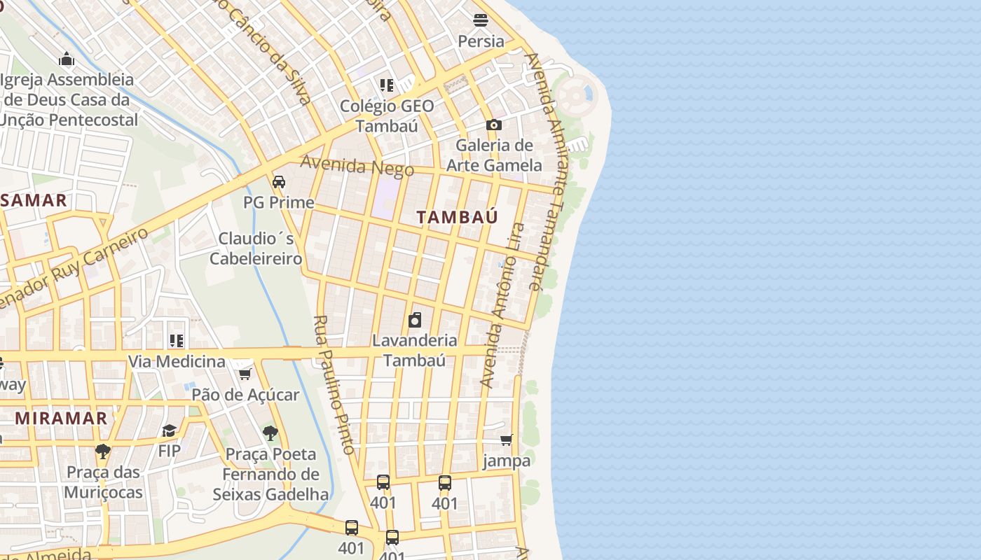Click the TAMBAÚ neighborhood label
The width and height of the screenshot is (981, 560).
[457, 217]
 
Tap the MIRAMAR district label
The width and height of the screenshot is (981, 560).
[62, 418]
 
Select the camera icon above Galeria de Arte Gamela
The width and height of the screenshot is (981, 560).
[494, 125]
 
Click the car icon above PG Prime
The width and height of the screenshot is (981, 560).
[279, 182]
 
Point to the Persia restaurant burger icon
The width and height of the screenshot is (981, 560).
[481, 20]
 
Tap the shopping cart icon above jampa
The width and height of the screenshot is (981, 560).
[506, 440]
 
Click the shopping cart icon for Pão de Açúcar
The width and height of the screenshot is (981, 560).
[245, 374]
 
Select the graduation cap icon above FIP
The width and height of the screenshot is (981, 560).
[169, 430]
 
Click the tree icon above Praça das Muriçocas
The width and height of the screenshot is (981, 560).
[103, 451]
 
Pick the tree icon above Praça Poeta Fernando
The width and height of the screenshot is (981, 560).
[270, 433]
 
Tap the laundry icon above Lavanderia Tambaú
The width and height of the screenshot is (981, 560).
[415, 321]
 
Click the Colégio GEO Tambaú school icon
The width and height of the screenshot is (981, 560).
[386, 85]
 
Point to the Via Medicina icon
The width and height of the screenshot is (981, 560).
[177, 341]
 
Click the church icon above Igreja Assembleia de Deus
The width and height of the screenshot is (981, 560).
[67, 59]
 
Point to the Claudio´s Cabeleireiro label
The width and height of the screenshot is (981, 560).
[256, 248]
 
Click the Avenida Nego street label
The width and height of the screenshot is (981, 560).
[357, 166]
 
